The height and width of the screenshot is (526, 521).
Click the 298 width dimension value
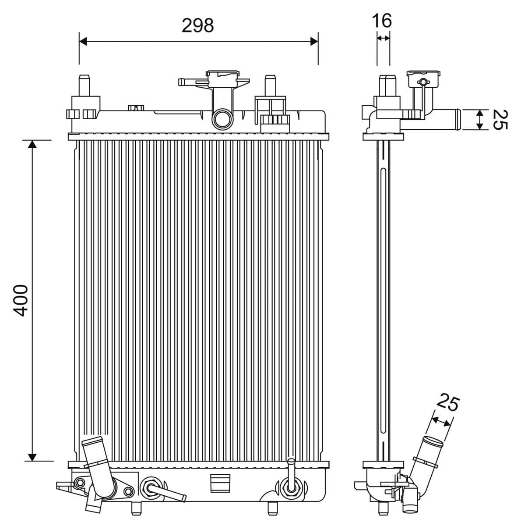[x=198, y=26]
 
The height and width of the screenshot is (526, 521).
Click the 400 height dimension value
[x=21, y=300]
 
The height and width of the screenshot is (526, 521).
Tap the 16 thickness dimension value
[x=382, y=21]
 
